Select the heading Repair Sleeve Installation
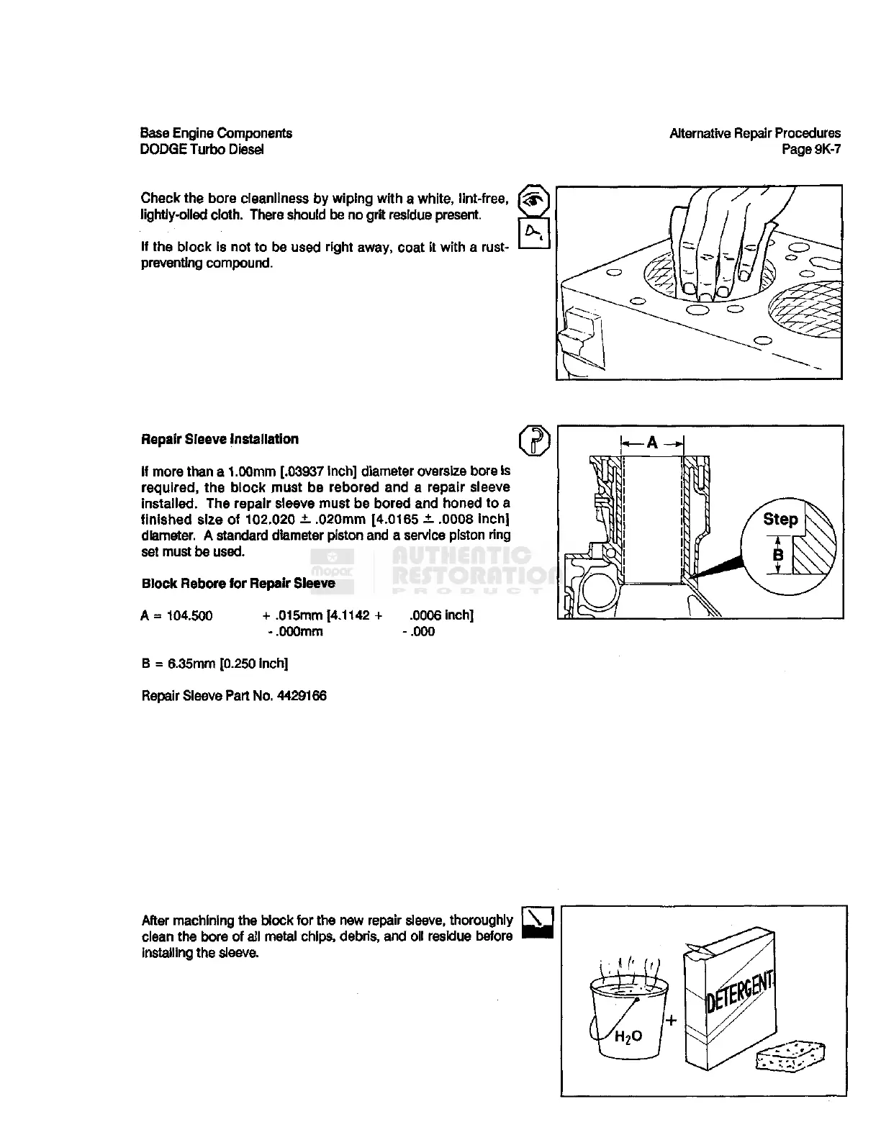(x=220, y=439)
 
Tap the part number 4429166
(x=301, y=696)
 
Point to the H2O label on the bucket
(x=628, y=1037)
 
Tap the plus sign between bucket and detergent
(x=672, y=1019)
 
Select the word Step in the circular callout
(x=780, y=519)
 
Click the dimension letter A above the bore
(x=652, y=443)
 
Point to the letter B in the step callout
(x=777, y=556)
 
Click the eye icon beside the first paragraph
(x=534, y=200)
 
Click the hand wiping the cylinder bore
(x=720, y=245)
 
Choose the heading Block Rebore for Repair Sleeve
(x=238, y=583)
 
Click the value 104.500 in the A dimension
(x=189, y=615)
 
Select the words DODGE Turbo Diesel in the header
(x=202, y=150)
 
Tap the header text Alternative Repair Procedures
(x=754, y=133)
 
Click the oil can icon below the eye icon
(x=534, y=232)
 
